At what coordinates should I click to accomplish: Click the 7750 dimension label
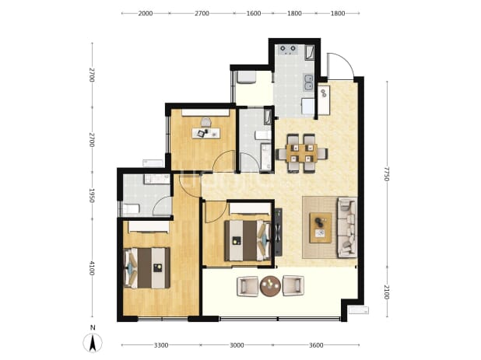tap(386, 173)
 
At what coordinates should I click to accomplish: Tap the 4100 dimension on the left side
tap(91, 268)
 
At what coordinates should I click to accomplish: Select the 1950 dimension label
tap(91, 195)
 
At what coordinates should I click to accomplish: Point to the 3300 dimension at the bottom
tap(161, 345)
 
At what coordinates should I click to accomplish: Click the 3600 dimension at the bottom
tap(316, 345)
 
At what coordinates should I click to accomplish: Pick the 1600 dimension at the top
tap(254, 13)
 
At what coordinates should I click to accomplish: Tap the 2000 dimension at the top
tap(146, 13)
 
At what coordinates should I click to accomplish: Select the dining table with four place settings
tap(302, 153)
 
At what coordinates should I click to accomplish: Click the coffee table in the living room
tap(320, 228)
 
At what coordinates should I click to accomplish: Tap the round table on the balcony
tap(270, 286)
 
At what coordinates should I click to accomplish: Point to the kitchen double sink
tap(308, 82)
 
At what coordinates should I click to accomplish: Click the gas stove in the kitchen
tap(288, 50)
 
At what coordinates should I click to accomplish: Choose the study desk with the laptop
tap(206, 133)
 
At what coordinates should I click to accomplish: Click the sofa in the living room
tap(347, 227)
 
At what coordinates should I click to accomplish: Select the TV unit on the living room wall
tap(278, 232)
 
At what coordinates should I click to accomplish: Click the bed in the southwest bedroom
tap(146, 267)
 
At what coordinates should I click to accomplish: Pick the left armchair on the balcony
tap(248, 286)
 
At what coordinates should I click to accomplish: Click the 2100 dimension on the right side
tap(386, 292)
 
